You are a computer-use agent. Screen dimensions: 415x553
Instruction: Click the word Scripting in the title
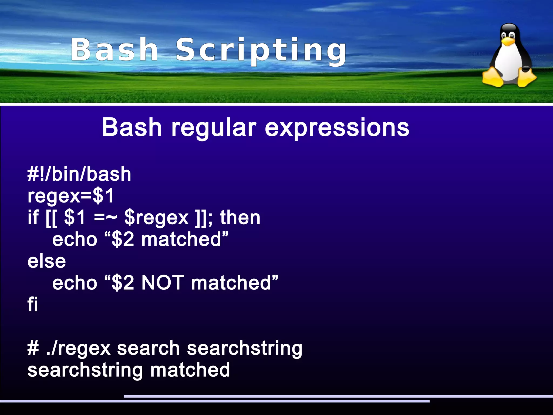tap(261, 50)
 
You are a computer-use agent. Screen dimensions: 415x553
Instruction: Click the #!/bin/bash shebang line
tap(79, 174)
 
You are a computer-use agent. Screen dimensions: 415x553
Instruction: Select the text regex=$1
tap(71, 196)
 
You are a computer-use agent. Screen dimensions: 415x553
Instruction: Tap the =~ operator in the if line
tap(106, 218)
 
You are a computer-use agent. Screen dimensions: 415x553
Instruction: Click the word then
tap(240, 218)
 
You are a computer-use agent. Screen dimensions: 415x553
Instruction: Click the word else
tap(47, 261)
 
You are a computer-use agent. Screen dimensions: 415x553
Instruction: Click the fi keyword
tap(33, 305)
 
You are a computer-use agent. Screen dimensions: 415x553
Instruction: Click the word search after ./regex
tap(148, 348)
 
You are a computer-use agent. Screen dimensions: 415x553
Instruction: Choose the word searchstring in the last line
tap(85, 370)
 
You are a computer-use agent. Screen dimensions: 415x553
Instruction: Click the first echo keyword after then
tap(75, 239)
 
